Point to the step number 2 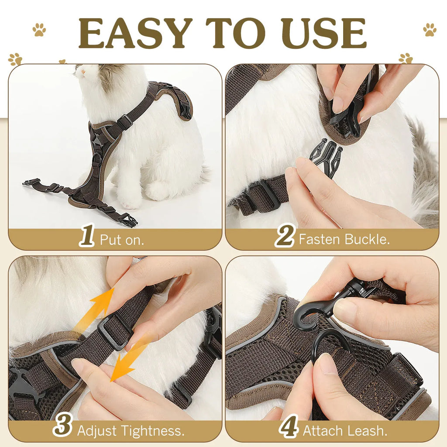pos(285,237)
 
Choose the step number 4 pos(289,428)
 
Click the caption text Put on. pos(122,240)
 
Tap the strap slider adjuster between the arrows pos(115,332)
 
